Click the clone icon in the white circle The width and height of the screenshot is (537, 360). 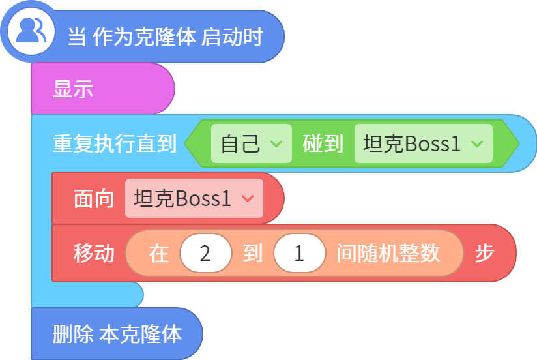(x=31, y=31)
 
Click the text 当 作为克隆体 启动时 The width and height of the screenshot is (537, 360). (x=166, y=37)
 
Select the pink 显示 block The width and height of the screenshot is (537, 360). (x=103, y=89)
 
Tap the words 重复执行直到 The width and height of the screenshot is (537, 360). (x=115, y=143)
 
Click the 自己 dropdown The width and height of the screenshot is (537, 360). (x=252, y=143)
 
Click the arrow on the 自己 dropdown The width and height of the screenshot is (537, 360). (x=276, y=143)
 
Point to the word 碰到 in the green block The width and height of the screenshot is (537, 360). (x=323, y=143)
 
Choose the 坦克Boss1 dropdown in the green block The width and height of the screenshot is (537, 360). (x=424, y=143)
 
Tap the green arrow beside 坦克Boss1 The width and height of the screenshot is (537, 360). (x=477, y=143)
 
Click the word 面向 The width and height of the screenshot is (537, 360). (x=93, y=198)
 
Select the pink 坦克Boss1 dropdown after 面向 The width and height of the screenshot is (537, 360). (x=194, y=198)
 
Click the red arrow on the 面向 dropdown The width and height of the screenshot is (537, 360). (x=248, y=198)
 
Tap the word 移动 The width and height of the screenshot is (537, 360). (x=93, y=254)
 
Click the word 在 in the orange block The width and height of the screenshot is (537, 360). (x=158, y=254)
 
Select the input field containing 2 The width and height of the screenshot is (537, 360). (x=205, y=254)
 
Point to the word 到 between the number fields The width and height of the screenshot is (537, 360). (x=253, y=254)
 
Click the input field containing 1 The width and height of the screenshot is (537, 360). (x=299, y=254)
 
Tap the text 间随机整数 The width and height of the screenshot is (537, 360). (x=388, y=254)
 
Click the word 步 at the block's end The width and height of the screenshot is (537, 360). (x=484, y=254)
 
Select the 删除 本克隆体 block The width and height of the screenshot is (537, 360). (x=117, y=334)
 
